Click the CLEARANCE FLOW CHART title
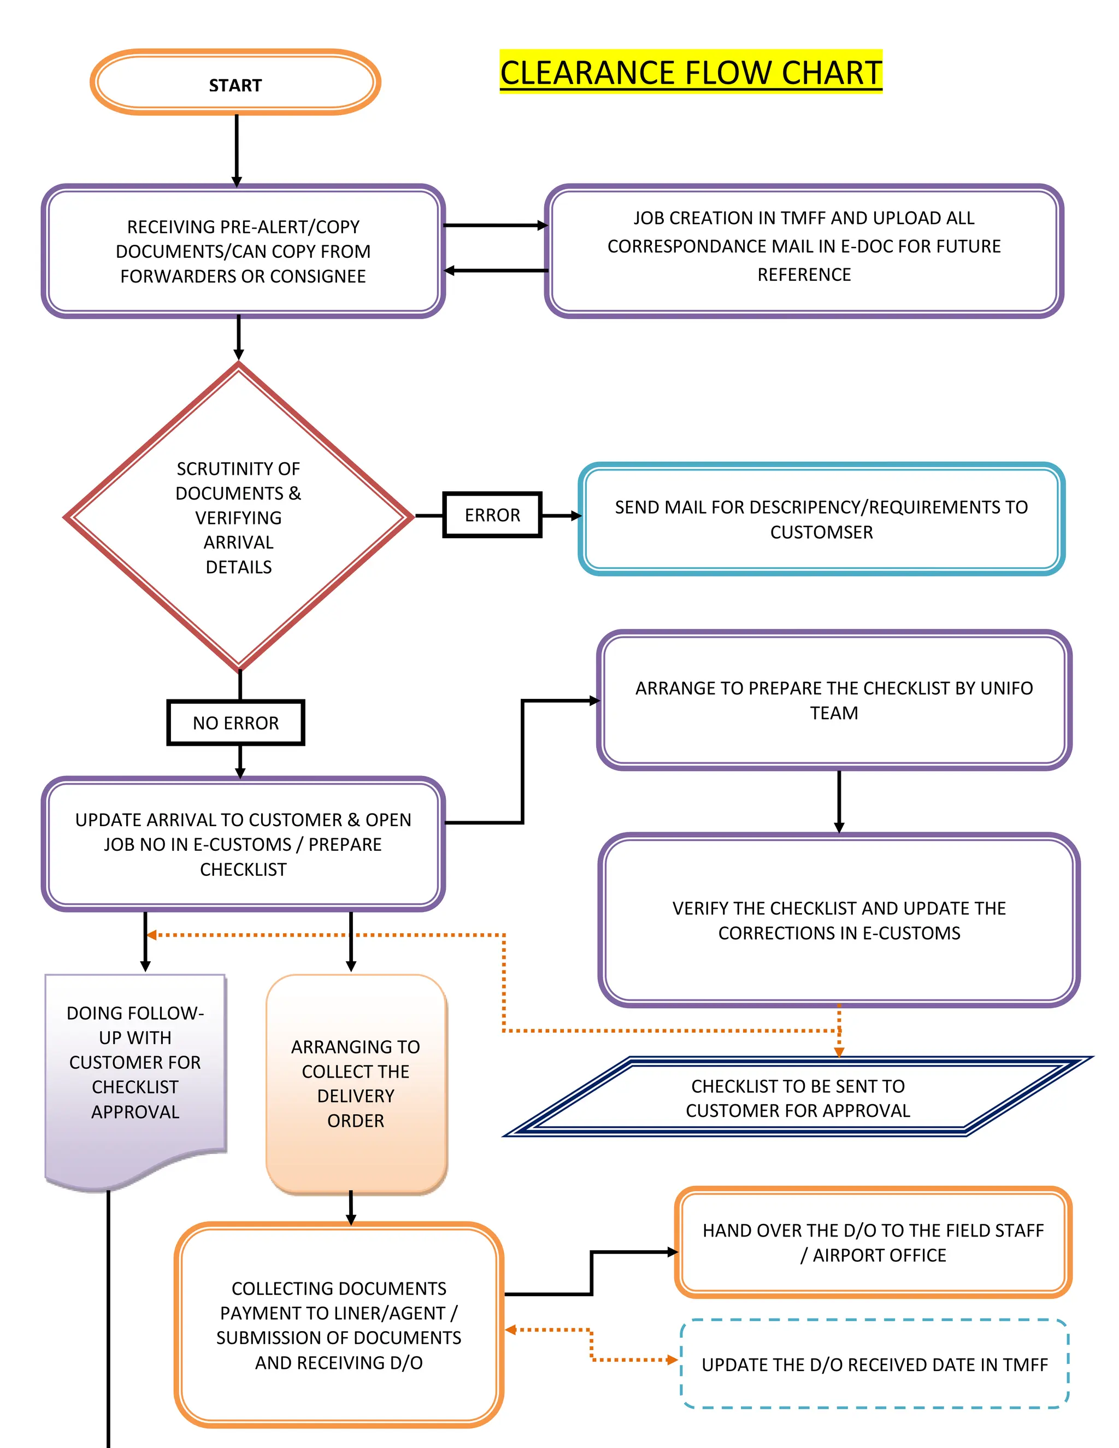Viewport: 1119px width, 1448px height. pos(690,72)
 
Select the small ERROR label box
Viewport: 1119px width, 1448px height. pos(492,515)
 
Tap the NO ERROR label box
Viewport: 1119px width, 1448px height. pos(235,723)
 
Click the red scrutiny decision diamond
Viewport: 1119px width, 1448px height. pos(239,516)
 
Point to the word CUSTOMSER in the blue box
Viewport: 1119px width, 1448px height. pos(821,532)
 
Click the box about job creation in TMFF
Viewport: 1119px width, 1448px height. pos(803,251)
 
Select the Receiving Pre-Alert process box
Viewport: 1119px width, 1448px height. pos(243,251)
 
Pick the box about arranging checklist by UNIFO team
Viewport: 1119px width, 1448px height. pos(833,700)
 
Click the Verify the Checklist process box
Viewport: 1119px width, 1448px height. pos(839,920)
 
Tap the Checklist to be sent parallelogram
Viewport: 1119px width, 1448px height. pos(798,1098)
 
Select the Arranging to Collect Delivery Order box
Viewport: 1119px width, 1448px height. pos(356,1084)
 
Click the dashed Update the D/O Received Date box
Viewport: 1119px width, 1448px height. pos(874,1364)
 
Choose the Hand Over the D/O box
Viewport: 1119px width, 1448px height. pos(873,1243)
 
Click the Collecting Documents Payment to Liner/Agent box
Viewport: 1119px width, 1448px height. pos(339,1325)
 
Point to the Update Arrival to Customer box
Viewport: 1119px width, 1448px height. pos(243,844)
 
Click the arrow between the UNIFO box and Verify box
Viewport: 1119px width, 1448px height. pos(839,801)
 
